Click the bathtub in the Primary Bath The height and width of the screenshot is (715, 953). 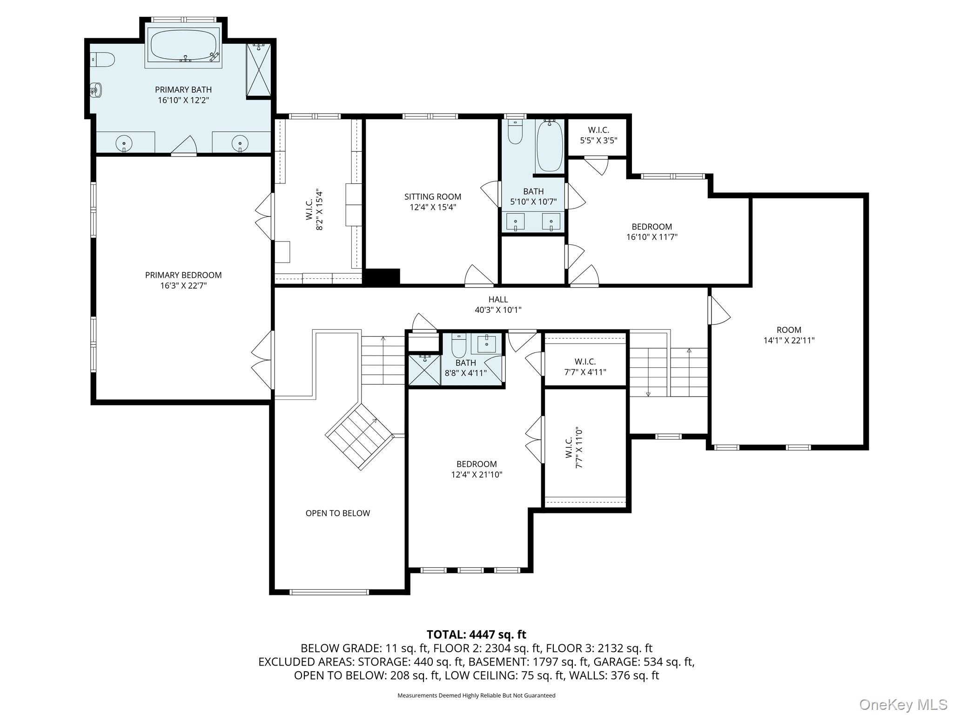183,46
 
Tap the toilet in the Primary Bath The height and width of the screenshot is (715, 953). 103,59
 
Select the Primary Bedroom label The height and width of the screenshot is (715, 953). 183,275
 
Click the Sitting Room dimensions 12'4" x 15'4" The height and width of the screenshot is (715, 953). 433,207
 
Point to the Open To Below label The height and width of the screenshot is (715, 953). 338,513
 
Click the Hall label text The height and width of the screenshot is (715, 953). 498,299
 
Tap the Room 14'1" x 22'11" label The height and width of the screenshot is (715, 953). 789,335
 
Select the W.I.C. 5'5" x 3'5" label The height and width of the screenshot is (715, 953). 598,135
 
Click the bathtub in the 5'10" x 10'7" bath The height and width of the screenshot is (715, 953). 550,146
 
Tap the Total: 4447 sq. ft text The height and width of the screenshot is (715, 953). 476,634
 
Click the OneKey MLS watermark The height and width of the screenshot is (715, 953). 903,704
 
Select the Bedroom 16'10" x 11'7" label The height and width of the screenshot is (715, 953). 652,232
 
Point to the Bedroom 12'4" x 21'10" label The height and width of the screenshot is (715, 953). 477,469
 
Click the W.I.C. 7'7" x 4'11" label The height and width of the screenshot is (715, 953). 585,367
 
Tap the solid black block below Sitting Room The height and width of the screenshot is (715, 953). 382,277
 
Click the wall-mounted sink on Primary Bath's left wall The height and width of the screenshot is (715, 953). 96,89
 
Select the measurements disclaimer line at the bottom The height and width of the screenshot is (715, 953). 476,695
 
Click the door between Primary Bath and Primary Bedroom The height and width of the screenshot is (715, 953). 184,147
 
